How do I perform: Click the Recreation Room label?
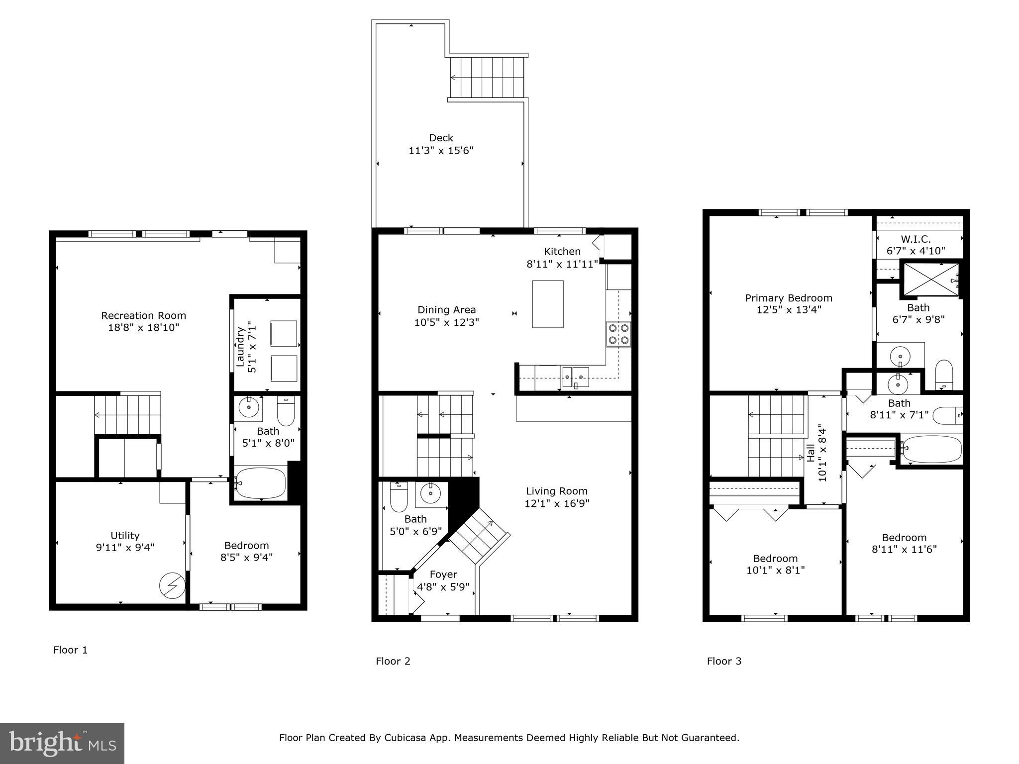pyautogui.click(x=143, y=315)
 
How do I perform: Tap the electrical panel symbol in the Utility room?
pyautogui.click(x=172, y=586)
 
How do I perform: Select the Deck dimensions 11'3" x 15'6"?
pyautogui.click(x=441, y=150)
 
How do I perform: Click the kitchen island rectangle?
pyautogui.click(x=547, y=304)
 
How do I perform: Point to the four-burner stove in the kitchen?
pyautogui.click(x=618, y=334)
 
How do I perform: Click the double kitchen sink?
pyautogui.click(x=575, y=377)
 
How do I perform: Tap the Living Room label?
pyautogui.click(x=556, y=491)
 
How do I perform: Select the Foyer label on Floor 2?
pyautogui.click(x=443, y=574)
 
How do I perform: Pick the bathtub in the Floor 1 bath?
pyautogui.click(x=261, y=483)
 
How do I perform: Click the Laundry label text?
pyautogui.click(x=240, y=347)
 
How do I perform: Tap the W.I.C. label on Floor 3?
pyautogui.click(x=916, y=239)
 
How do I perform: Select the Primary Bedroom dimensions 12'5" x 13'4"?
pyautogui.click(x=788, y=310)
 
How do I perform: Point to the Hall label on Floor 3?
pyautogui.click(x=812, y=453)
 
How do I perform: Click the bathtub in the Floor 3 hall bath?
pyautogui.click(x=932, y=449)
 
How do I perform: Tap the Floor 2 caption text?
pyautogui.click(x=393, y=661)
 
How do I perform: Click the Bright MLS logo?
pyautogui.click(x=62, y=743)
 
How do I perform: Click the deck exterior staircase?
pyautogui.click(x=487, y=78)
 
